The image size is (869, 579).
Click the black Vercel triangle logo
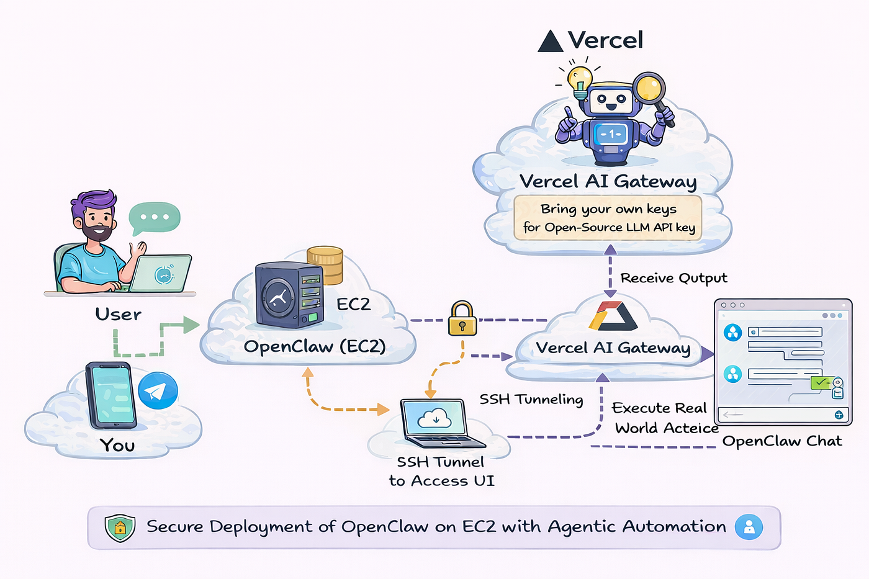coord(550,41)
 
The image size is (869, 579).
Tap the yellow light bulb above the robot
coord(580,80)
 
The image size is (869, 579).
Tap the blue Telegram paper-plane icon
coord(158,390)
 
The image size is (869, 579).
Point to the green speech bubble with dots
coord(154,218)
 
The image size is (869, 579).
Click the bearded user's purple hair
coord(94,202)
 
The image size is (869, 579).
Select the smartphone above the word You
coord(111,396)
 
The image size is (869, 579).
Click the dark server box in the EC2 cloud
coord(289,295)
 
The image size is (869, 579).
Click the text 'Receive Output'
coord(673,278)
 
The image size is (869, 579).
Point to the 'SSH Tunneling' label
coord(531,399)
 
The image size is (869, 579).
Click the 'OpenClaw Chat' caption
coord(782,441)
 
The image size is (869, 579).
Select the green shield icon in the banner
coord(120,527)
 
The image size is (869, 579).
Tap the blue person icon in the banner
coord(749,527)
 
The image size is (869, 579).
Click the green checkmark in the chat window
coord(822,382)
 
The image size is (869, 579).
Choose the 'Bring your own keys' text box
coord(608,218)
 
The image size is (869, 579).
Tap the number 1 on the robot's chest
coord(611,134)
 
